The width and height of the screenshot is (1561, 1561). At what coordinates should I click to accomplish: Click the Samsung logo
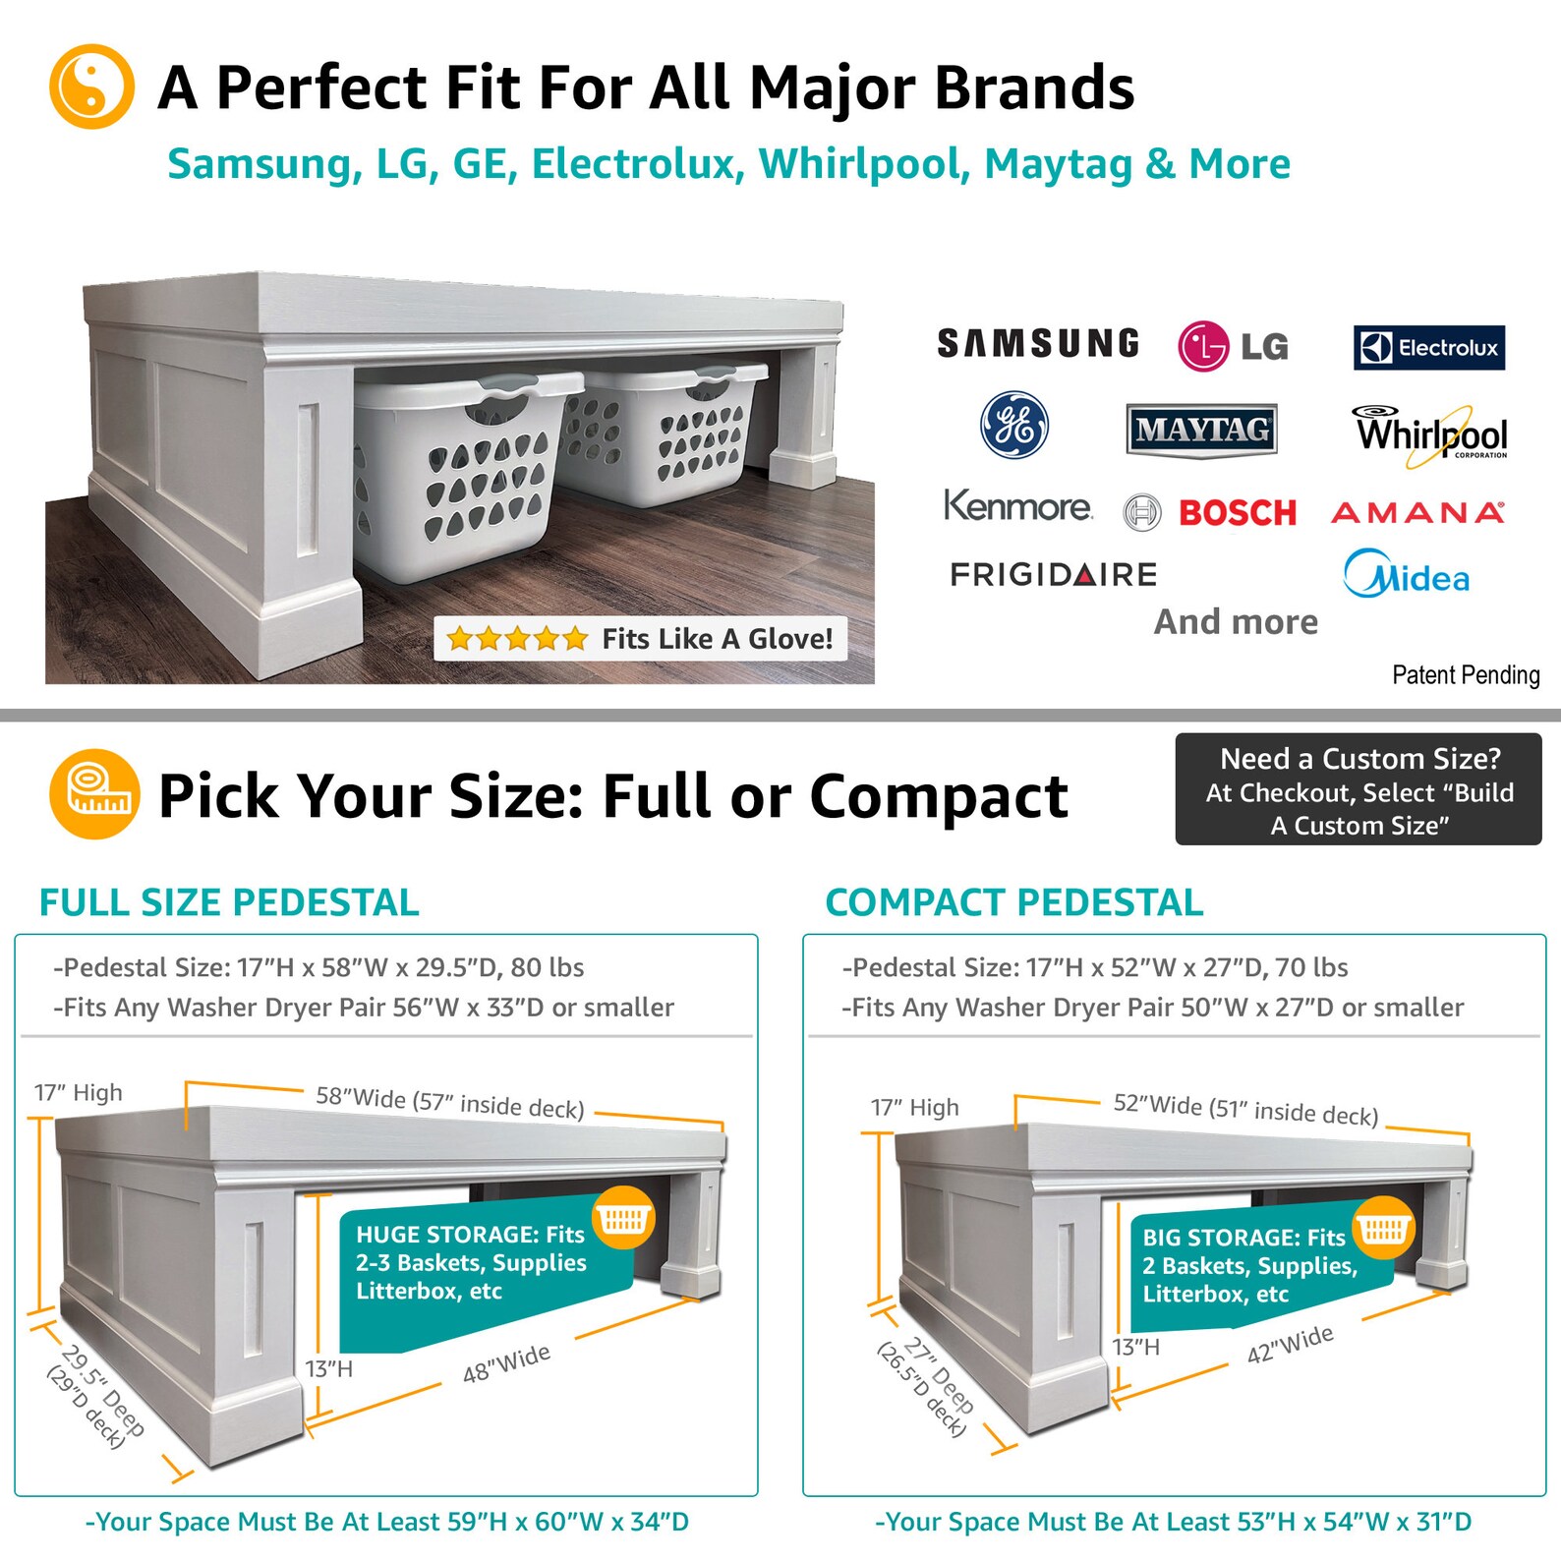(1038, 344)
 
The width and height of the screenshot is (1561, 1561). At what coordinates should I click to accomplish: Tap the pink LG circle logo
(1202, 346)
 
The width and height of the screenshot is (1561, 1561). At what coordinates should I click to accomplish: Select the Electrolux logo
(1428, 348)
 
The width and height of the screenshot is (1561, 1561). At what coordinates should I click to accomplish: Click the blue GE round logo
(1014, 427)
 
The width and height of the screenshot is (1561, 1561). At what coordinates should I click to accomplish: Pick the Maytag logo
(1201, 430)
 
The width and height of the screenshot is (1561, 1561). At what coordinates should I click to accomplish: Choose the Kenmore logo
(1017, 506)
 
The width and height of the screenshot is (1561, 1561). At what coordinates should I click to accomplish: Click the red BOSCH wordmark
(1238, 513)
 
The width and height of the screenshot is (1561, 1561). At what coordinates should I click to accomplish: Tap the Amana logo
(1416, 513)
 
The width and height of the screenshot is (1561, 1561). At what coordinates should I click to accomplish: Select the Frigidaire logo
(1053, 574)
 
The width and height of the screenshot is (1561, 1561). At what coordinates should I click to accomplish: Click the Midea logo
(1407, 576)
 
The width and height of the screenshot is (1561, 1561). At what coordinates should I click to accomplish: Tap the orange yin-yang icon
(91, 87)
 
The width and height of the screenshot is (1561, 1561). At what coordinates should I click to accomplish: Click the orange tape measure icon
(94, 794)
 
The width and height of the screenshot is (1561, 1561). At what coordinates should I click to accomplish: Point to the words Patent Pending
(1466, 675)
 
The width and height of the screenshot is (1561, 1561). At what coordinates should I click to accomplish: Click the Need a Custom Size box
(1359, 789)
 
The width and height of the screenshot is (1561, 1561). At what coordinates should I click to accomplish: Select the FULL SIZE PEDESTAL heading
(229, 902)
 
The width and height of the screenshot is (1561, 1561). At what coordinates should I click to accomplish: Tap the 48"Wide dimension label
(506, 1363)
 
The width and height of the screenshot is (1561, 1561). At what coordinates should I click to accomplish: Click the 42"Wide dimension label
(1290, 1344)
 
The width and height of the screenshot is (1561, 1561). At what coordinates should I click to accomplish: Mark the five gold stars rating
(517, 640)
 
